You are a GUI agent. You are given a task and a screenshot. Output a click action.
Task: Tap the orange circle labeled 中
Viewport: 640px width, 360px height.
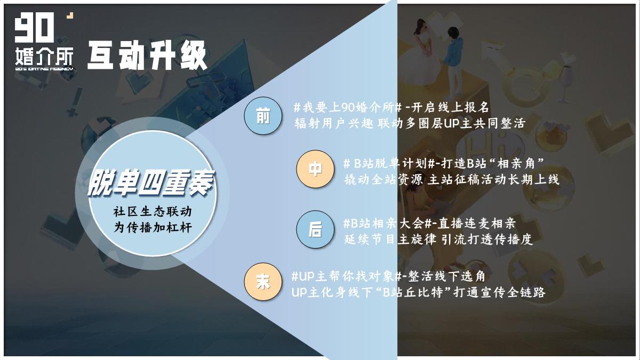click(315, 169)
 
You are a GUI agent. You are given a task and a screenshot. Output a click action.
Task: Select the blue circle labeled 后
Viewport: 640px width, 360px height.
click(315, 230)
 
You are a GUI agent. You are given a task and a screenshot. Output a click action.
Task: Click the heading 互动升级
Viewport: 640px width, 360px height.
click(147, 55)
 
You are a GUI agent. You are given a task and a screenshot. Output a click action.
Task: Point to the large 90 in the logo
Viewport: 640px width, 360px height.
click(35, 29)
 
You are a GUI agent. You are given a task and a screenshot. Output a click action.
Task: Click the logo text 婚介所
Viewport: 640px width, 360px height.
click(44, 55)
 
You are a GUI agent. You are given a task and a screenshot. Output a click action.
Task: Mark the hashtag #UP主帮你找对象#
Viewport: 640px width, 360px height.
click(350, 277)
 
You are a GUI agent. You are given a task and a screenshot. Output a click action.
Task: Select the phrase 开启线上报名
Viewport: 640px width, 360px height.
click(453, 107)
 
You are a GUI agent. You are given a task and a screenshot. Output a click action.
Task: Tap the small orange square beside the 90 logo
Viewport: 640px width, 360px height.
click(69, 17)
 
